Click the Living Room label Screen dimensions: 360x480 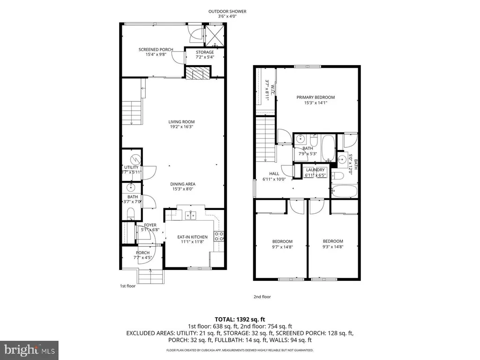181,122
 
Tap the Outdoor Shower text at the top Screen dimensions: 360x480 228,12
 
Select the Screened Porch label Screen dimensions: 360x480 156,50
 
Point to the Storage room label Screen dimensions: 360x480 205,52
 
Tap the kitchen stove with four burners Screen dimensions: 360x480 218,236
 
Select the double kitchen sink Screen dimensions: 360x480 190,215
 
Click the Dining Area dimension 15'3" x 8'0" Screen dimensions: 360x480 182,189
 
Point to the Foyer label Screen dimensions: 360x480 150,225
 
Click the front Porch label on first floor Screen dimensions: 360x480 142,253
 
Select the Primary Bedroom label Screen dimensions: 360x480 315,97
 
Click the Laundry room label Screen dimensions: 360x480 314,170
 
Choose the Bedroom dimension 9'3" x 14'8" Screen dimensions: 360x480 333,247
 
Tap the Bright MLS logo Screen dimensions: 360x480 29,349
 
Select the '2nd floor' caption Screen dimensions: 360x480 263,297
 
